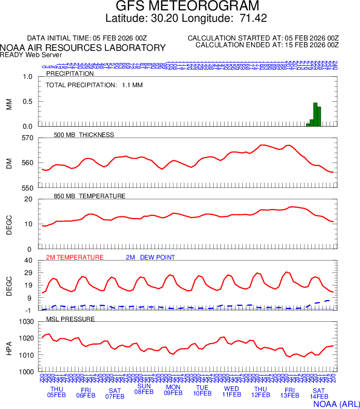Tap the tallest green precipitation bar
[315, 114]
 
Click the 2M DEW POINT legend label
[150, 257]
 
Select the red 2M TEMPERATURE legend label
[75, 257]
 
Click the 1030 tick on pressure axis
[26, 322]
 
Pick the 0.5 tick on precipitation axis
[28, 102]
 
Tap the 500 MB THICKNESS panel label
[84, 135]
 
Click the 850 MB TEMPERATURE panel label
[89, 196]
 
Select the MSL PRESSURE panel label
[71, 319]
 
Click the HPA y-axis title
[9, 347]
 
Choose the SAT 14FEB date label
[319, 393]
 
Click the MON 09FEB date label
[173, 390]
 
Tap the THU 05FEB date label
[57, 392]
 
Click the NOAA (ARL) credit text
[336, 403]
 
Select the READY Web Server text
[31, 54]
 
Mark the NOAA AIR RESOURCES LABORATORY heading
[83, 47]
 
